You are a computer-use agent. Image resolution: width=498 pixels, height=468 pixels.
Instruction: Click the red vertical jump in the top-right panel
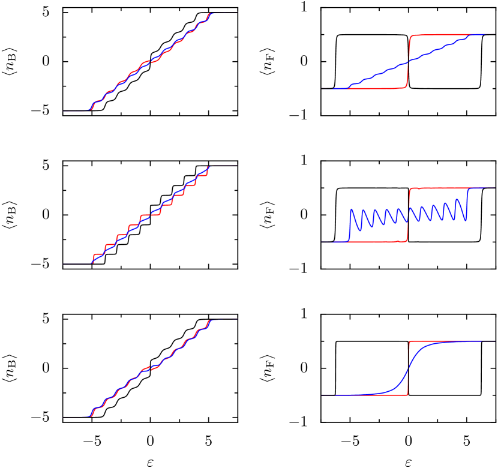coord(408,61)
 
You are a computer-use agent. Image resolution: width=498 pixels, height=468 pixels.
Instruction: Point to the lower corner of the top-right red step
coord(406,87)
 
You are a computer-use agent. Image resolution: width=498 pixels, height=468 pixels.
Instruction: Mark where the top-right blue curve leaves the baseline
coord(347,88)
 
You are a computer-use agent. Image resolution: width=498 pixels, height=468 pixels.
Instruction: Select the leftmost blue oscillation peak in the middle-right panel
coord(353,210)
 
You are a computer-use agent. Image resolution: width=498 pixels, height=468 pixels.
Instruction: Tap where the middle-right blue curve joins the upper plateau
coord(468,189)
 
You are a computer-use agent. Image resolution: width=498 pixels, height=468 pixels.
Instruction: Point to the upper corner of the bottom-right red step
coord(409,341)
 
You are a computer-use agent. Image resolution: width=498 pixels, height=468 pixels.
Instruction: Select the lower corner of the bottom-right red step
coord(408,394)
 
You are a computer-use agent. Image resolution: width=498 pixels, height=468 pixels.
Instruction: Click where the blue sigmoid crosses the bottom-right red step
coord(409,368)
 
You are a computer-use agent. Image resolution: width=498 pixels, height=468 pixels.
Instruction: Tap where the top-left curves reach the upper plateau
coord(209,14)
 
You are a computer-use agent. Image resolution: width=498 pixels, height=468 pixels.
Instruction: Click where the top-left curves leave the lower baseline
coord(90,110)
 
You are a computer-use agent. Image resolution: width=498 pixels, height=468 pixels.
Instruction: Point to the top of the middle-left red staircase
coord(208,167)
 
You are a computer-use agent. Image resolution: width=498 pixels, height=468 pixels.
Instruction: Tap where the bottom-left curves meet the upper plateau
coord(210,319)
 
